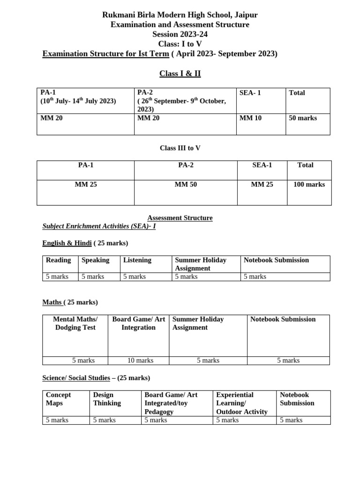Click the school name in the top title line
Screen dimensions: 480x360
pos(180,15)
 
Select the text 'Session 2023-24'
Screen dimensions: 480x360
pos(180,34)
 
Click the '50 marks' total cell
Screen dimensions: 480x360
pos(303,118)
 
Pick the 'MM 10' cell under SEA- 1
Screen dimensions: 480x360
pos(250,118)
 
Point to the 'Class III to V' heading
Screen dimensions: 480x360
pos(180,148)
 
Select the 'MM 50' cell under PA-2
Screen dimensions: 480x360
pos(186,185)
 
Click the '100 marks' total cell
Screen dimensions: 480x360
pos(309,185)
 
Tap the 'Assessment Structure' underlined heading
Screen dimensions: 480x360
pos(180,218)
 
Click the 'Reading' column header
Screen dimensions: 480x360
pos(59,260)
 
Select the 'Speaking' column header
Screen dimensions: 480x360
pos(95,260)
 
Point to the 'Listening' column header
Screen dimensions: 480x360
pos(137,260)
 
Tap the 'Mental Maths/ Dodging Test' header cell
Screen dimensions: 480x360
pos(75,323)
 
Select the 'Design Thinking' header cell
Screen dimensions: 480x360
pos(107,399)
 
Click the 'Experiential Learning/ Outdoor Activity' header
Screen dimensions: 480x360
pos(242,403)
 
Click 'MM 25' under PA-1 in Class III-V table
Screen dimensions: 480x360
pos(86,185)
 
